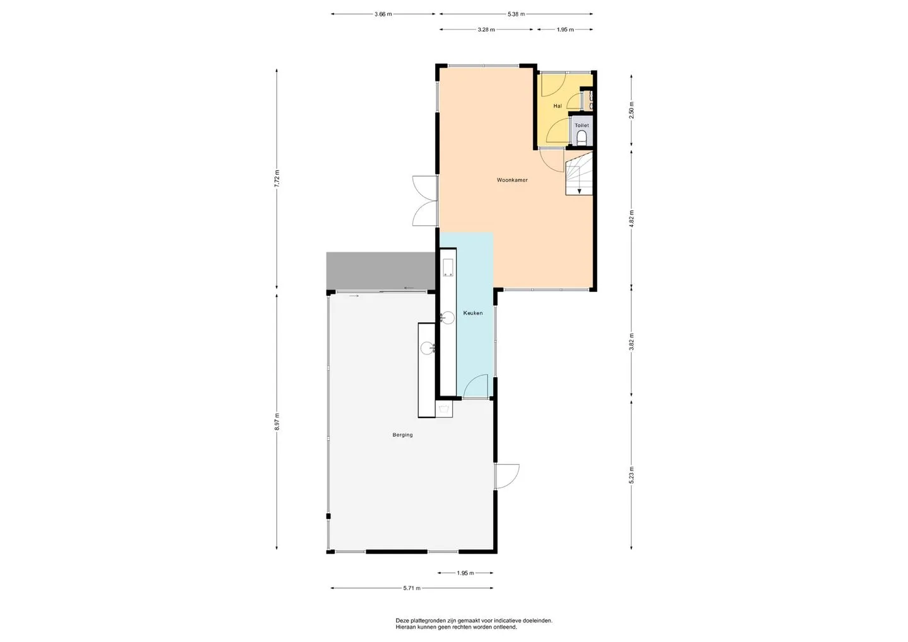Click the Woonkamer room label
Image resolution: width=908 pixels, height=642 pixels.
tap(512, 180)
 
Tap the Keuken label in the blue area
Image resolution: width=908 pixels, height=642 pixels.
tap(473, 313)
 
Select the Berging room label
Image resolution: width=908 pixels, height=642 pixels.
tap(402, 435)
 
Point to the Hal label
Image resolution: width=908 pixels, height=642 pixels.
tap(557, 106)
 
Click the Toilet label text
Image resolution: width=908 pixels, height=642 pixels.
tap(581, 125)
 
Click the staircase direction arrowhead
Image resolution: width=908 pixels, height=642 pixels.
tap(579, 191)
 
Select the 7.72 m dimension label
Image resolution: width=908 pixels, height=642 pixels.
tap(276, 178)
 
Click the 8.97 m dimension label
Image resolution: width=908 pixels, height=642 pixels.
tap(276, 422)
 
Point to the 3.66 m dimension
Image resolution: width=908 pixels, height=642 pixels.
tap(383, 14)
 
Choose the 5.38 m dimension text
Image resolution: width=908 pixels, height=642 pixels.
tap(516, 14)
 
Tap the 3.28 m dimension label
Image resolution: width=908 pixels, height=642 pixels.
tap(486, 29)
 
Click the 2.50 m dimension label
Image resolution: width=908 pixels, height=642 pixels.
tap(631, 110)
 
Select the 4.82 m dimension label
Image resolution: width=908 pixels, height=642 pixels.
tap(631, 219)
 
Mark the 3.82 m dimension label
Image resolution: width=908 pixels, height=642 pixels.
tap(631, 342)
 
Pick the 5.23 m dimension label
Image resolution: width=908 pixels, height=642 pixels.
tap(631, 475)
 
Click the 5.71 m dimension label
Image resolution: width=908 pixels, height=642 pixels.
tap(412, 588)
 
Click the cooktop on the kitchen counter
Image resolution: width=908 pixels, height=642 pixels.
tap(448, 267)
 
